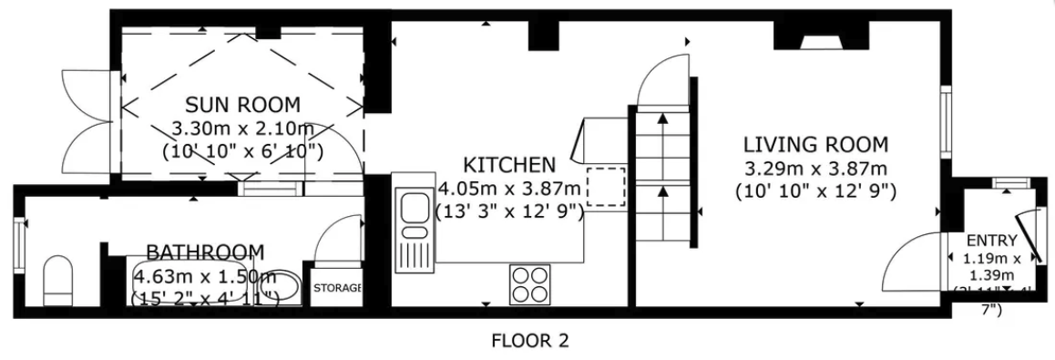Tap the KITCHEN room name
coord(509,165)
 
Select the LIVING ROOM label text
coord(815,144)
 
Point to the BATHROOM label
coord(206,252)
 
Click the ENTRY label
coord(985,241)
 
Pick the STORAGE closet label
coord(337,289)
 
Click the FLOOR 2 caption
coord(530,342)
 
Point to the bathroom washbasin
coord(277,288)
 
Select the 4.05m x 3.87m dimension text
coord(509,189)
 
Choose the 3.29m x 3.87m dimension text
coord(815,169)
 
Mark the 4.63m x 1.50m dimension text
coord(205,274)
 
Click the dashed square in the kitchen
coord(605,187)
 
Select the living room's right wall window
coord(946,124)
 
